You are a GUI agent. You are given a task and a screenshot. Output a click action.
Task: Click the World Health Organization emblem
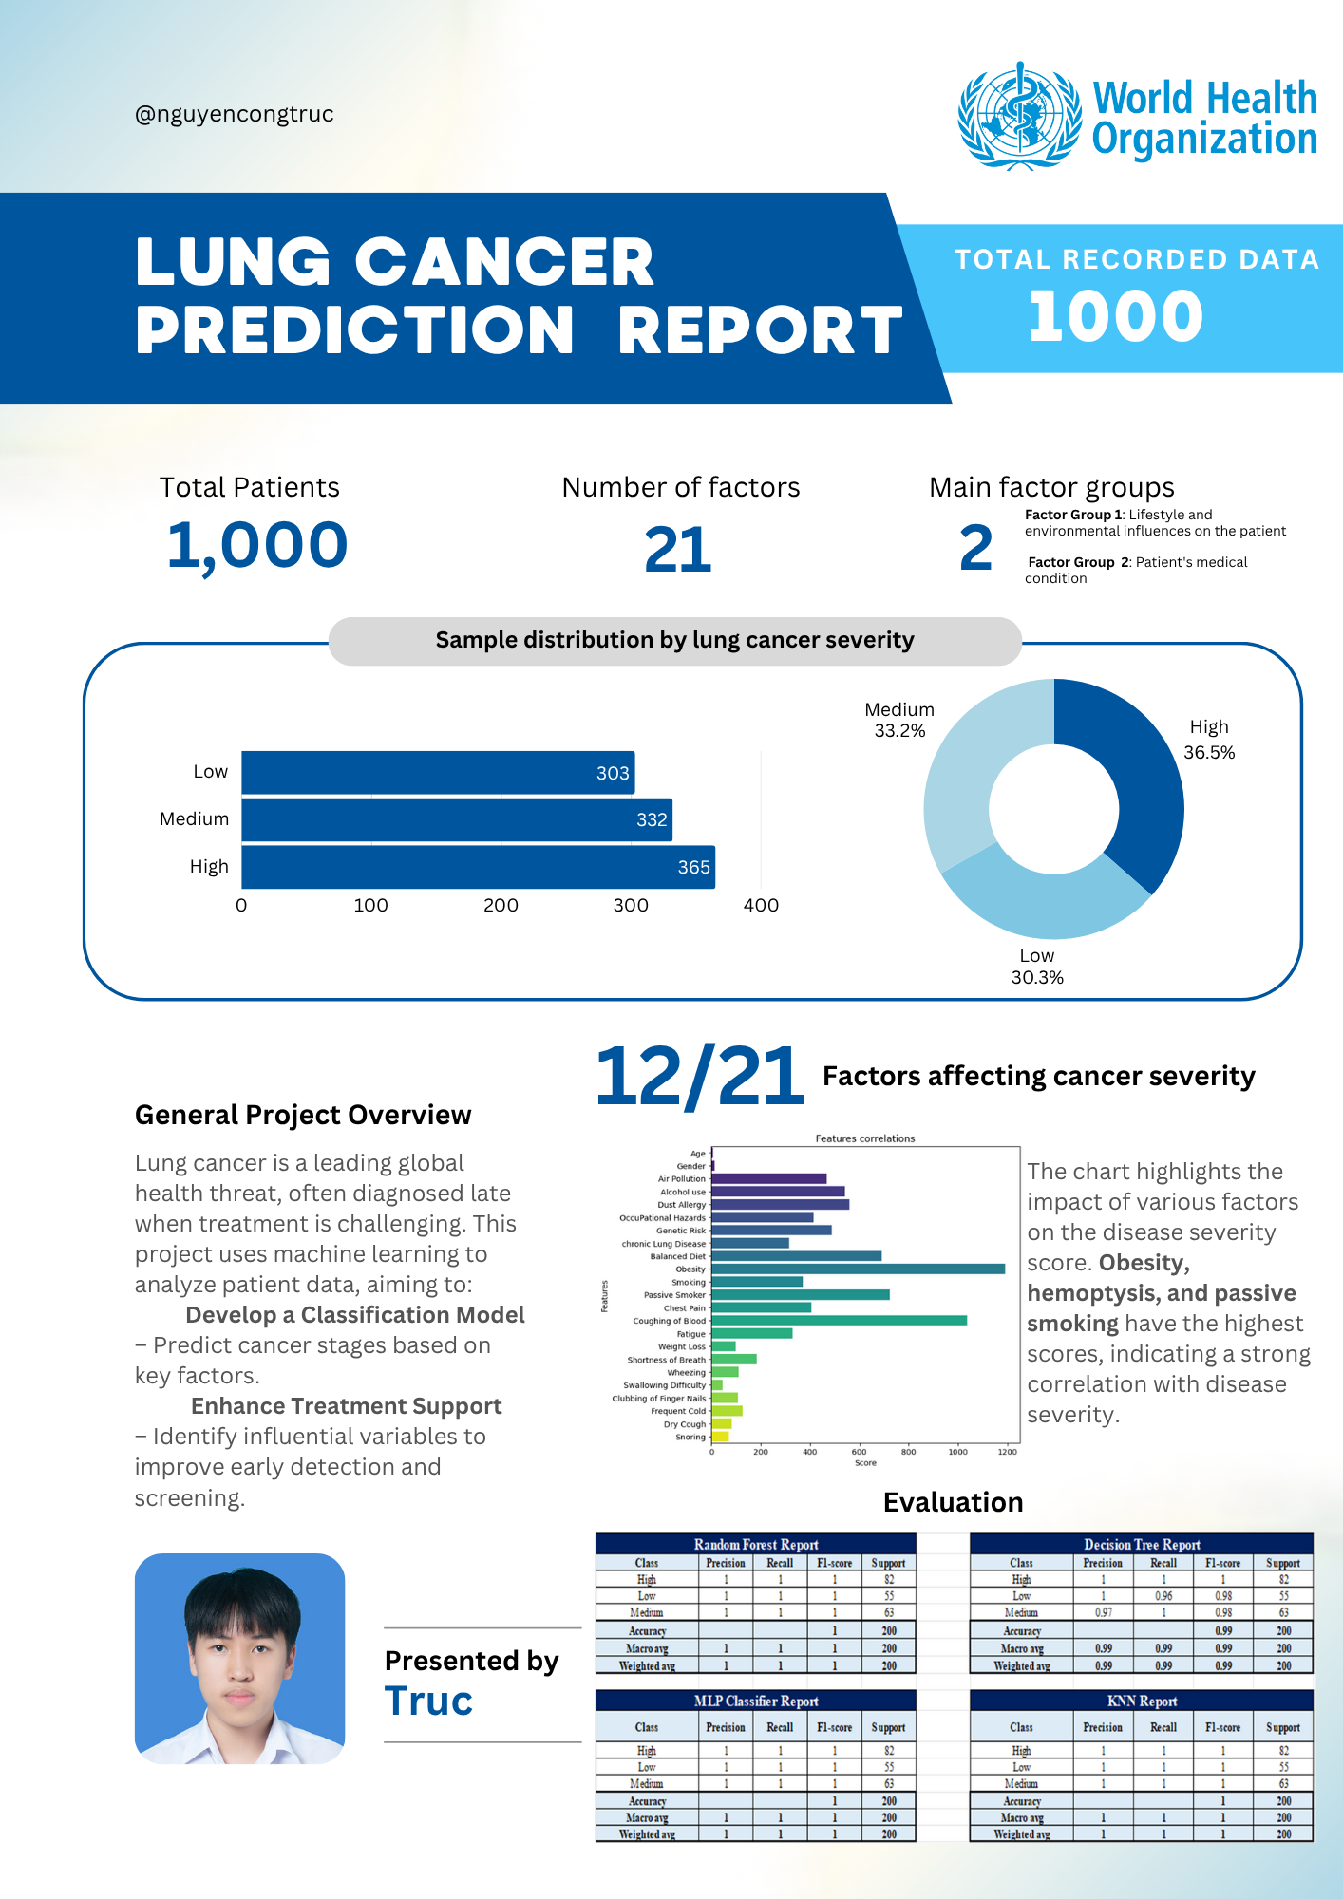coord(1020,116)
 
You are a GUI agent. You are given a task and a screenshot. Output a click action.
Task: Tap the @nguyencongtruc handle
coord(234,114)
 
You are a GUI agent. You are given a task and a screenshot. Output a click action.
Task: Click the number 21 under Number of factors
coord(677,550)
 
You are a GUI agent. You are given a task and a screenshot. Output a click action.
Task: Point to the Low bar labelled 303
coord(437,773)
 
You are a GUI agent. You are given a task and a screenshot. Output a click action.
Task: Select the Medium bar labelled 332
coord(456,819)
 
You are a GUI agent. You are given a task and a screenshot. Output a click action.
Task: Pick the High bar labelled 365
coord(477,867)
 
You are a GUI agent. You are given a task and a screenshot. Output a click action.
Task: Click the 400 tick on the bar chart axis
coord(761,906)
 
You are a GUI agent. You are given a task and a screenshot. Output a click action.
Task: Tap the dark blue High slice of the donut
coord(1144,779)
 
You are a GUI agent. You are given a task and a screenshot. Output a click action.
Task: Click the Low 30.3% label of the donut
coord(1036,967)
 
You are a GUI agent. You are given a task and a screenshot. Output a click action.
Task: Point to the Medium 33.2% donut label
coord(899,720)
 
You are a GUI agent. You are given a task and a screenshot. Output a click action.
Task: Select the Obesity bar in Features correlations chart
coord(857,1269)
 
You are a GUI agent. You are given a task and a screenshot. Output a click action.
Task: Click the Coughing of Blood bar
coord(838,1321)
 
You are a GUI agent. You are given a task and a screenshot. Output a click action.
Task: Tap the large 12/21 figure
coord(699,1077)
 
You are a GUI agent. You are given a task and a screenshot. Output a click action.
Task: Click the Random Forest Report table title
coord(755,1545)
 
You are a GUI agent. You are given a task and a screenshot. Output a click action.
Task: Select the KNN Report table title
coord(1141,1702)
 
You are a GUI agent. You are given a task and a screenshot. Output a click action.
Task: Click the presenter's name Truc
coord(428,1702)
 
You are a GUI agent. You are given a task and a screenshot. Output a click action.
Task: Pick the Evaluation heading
coord(953,1502)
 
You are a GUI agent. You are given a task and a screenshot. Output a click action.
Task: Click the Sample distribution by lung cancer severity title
coord(674,641)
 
